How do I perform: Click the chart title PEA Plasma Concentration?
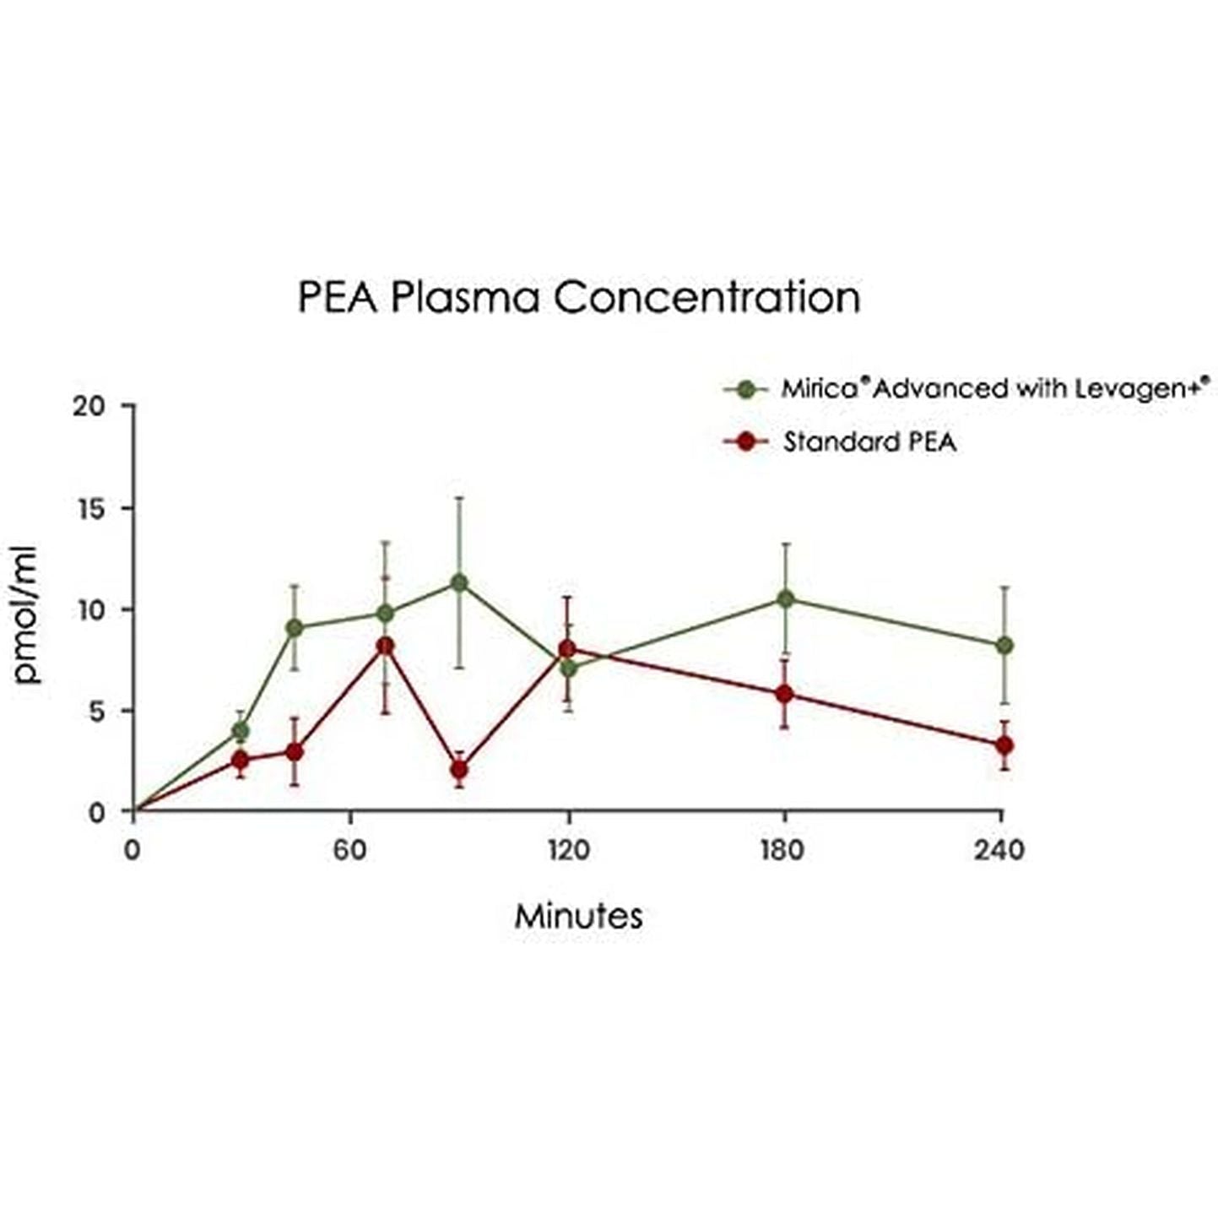click(579, 297)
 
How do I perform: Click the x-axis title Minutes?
click(579, 916)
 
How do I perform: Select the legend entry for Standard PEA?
click(869, 441)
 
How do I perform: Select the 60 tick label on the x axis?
click(349, 849)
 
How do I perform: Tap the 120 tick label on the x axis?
click(568, 849)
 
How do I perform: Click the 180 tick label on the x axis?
click(783, 849)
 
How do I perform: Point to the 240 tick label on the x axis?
click(1000, 849)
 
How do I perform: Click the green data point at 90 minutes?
click(459, 582)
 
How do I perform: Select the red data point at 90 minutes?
click(459, 770)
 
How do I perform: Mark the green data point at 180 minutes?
click(785, 598)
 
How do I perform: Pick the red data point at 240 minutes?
click(1004, 745)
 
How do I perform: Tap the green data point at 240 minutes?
click(1004, 645)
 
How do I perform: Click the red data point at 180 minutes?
click(785, 694)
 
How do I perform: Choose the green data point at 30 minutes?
click(241, 729)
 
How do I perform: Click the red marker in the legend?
click(745, 441)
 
